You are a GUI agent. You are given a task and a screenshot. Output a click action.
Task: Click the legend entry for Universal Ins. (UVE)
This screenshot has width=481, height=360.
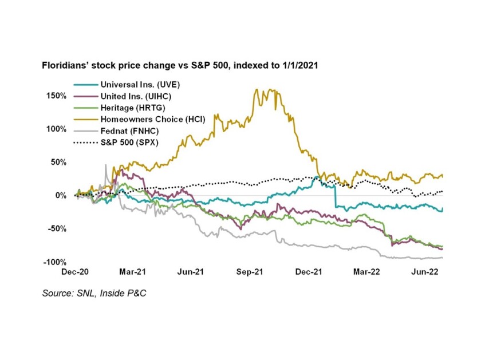coord(132,84)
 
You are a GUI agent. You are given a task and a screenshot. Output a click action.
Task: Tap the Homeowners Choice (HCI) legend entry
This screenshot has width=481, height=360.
coord(141,120)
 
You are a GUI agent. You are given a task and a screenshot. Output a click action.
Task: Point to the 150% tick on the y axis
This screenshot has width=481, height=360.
coord(56,96)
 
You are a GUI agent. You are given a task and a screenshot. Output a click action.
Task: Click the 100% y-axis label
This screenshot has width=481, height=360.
coord(56,129)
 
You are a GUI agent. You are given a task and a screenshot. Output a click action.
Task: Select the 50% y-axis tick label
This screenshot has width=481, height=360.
coord(58,162)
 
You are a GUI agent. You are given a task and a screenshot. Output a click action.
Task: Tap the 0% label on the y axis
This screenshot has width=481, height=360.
coord(61,195)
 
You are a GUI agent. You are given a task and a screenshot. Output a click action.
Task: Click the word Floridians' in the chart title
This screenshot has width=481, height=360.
coord(65,66)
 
